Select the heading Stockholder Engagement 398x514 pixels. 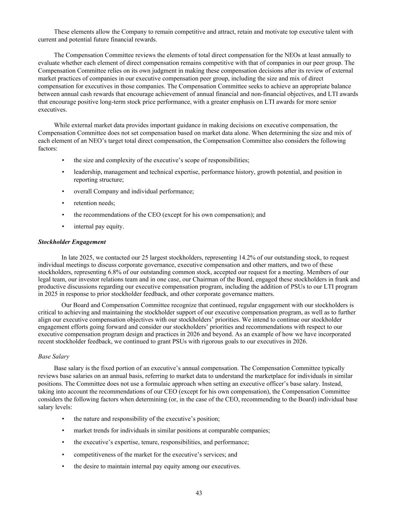pyautogui.click(x=72, y=242)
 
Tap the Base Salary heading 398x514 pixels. pyautogui.click(x=54, y=356)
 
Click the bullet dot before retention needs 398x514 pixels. pyautogui.click(x=63, y=203)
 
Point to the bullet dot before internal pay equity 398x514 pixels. pyautogui.click(x=63, y=227)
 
